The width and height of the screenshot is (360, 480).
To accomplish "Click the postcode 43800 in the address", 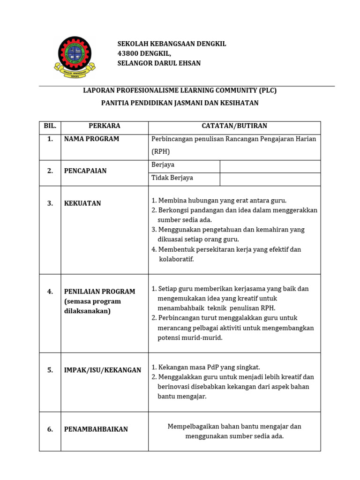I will click(127, 53).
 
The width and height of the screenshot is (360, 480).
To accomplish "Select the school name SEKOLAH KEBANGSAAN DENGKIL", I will click(172, 44).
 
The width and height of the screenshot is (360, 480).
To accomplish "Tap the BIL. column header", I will click(50, 126).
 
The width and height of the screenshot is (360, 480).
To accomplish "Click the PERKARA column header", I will click(104, 126).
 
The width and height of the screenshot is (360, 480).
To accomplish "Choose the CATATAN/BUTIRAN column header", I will click(234, 126).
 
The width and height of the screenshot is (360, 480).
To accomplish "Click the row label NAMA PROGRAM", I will click(91, 139).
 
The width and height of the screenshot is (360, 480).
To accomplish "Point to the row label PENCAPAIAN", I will click(85, 171).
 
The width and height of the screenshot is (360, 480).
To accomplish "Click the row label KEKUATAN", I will click(82, 203).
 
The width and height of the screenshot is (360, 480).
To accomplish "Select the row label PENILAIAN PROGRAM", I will click(99, 292).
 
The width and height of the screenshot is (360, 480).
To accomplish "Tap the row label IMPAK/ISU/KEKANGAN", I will click(102, 370).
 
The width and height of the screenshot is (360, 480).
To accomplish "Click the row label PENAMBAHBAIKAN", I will click(96, 429).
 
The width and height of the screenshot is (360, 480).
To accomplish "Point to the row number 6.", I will click(50, 429).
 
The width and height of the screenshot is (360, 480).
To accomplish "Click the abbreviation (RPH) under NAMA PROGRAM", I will click(160, 152).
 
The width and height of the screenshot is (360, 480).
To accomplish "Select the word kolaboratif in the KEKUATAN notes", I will click(176, 259).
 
